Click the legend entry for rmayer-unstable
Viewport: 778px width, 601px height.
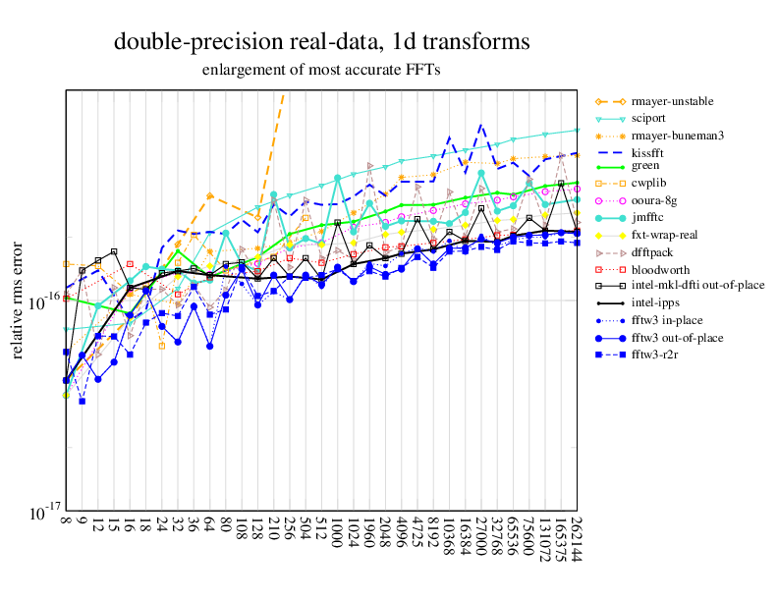click(672, 101)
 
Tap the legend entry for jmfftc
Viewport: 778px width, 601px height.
click(648, 218)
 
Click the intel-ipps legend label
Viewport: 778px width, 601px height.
click(654, 303)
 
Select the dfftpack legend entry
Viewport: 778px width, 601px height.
click(652, 252)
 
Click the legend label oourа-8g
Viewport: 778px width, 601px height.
click(654, 201)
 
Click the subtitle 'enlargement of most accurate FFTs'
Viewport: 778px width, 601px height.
click(321, 70)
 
